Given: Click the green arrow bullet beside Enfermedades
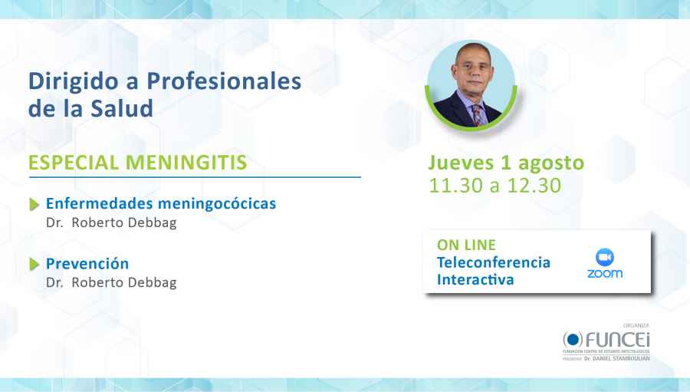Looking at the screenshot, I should tap(34, 205).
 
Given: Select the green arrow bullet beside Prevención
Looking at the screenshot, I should tap(34, 265).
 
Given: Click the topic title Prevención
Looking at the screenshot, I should tap(87, 264).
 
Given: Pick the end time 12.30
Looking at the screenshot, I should tap(534, 186).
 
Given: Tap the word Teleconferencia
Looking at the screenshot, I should tap(493, 262).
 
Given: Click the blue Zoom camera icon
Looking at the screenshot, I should tap(605, 256).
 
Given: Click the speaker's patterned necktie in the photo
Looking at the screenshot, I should tap(478, 115).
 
